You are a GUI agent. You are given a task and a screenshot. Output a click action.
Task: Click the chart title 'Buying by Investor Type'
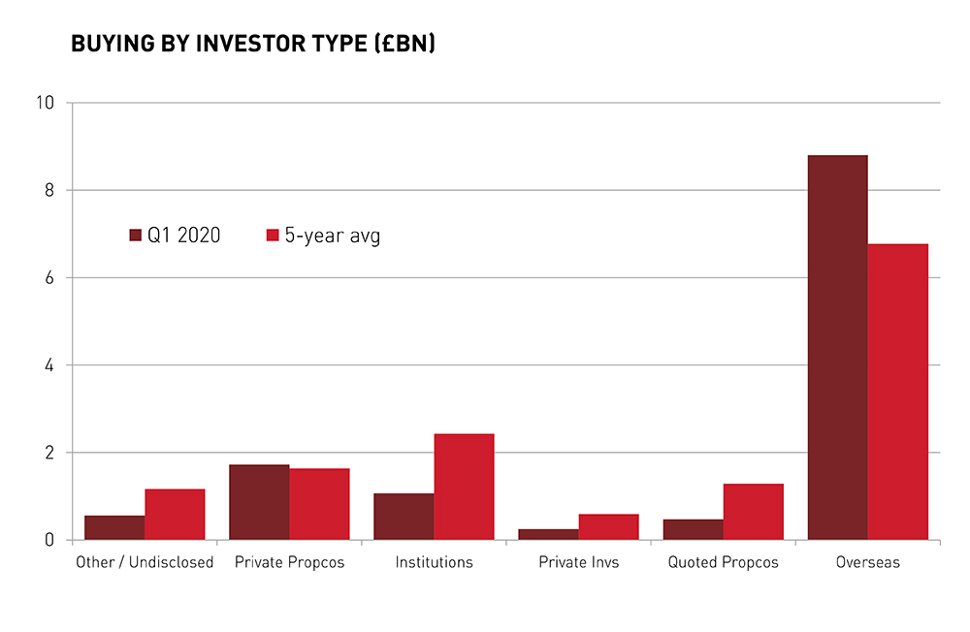[x=252, y=45]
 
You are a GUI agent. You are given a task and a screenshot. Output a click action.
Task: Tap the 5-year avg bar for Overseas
[x=897, y=392]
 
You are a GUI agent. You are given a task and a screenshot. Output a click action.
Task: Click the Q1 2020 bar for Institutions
[x=404, y=517]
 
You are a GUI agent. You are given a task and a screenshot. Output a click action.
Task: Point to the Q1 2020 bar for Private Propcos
[x=259, y=502]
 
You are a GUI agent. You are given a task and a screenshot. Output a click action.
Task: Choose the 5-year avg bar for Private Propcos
[x=319, y=504]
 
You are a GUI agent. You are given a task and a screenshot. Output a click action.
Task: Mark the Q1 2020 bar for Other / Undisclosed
[x=114, y=527]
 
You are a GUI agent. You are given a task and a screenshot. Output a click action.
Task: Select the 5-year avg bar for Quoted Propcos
[x=753, y=512]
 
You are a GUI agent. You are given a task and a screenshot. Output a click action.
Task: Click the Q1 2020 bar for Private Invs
[x=548, y=534]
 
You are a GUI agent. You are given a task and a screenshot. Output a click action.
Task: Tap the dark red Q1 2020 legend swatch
[x=136, y=236]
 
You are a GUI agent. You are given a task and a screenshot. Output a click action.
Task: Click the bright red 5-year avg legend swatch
[x=273, y=236]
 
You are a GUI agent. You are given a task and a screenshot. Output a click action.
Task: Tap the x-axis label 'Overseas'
[x=867, y=562]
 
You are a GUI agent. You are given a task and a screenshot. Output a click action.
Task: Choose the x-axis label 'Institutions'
[x=434, y=562]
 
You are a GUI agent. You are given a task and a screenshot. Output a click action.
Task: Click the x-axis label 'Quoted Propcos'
[x=723, y=562]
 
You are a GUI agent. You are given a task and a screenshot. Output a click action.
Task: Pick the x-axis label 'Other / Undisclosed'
[x=145, y=562]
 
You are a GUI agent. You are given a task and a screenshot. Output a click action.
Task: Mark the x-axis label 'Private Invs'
[x=578, y=562]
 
